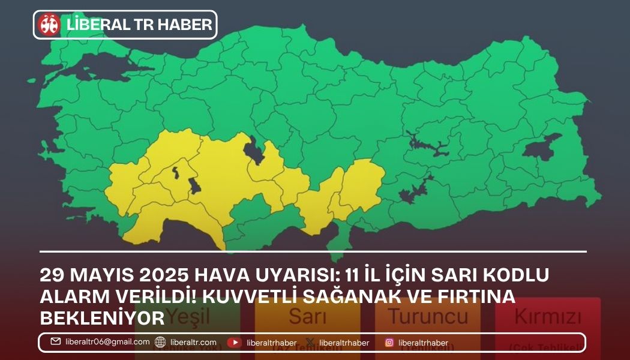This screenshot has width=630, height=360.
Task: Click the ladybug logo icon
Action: point(49,25)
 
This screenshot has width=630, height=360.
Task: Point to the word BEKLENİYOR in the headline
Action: point(102,316)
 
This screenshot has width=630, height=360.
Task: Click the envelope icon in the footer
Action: point(56,342)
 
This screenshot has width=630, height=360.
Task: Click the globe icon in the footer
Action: point(160,343)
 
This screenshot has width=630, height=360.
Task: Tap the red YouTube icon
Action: point(234,343)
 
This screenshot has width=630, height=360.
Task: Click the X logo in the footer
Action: point(310,343)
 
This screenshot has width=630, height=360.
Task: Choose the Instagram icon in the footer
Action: point(389,343)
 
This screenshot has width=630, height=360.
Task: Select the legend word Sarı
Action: point(307,316)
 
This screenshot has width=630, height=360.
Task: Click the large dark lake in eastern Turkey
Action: point(542,146)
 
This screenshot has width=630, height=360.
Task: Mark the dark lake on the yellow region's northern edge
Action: point(254,150)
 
